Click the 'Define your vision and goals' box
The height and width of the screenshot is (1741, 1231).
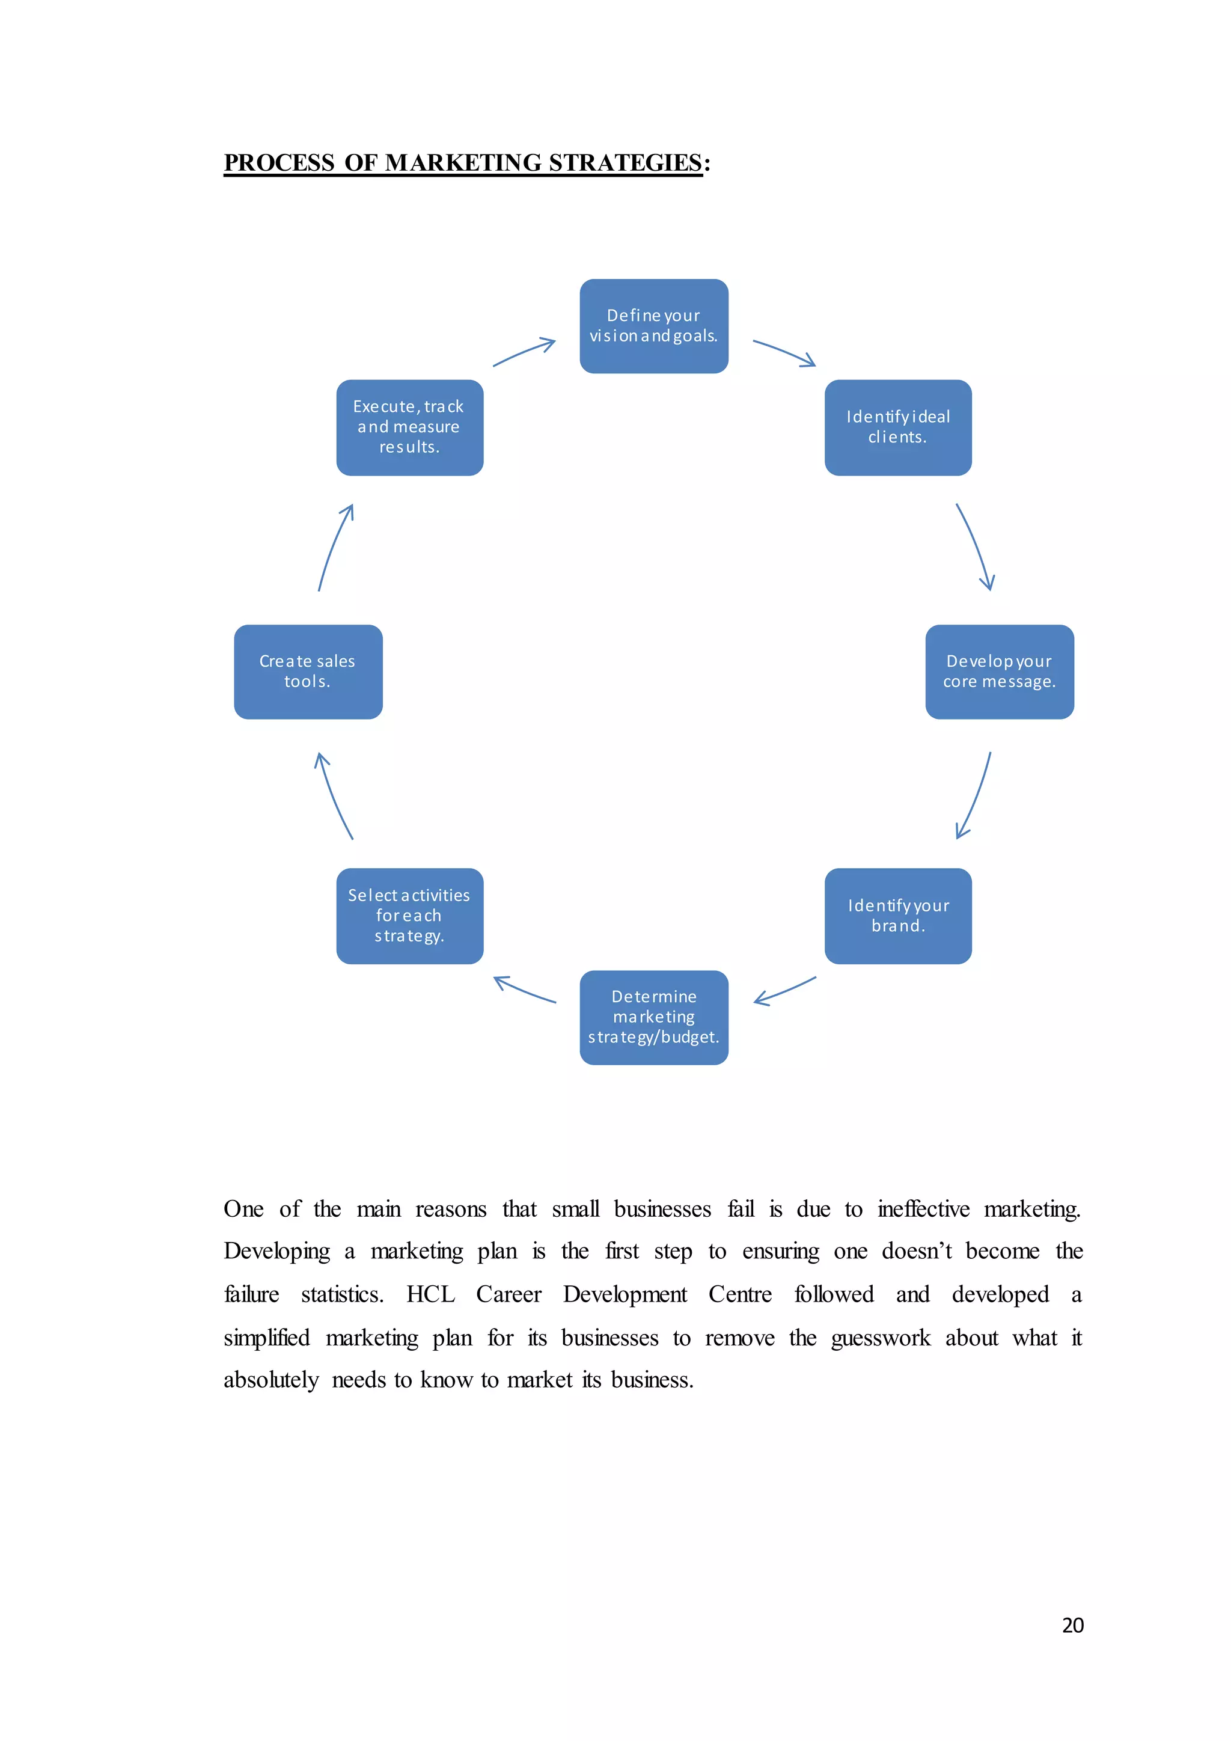(x=653, y=326)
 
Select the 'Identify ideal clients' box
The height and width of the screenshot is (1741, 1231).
(x=897, y=427)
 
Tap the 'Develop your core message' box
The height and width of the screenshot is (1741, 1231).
(x=999, y=672)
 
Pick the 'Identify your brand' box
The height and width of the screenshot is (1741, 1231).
(x=897, y=916)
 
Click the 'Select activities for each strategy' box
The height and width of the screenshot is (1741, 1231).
(x=409, y=916)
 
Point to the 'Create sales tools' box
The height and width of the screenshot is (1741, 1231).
(x=308, y=672)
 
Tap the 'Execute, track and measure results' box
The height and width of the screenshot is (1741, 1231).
(x=409, y=427)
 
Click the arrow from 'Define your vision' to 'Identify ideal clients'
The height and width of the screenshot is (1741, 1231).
(x=784, y=353)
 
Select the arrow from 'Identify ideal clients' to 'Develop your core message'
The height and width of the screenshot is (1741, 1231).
(x=976, y=546)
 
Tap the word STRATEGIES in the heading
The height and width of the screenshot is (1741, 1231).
(x=625, y=163)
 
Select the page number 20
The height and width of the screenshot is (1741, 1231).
(x=1072, y=1624)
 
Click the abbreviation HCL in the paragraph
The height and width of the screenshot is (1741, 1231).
(x=430, y=1294)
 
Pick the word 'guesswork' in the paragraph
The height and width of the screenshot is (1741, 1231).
(x=880, y=1338)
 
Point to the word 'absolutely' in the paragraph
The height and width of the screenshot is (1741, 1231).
(x=270, y=1380)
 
